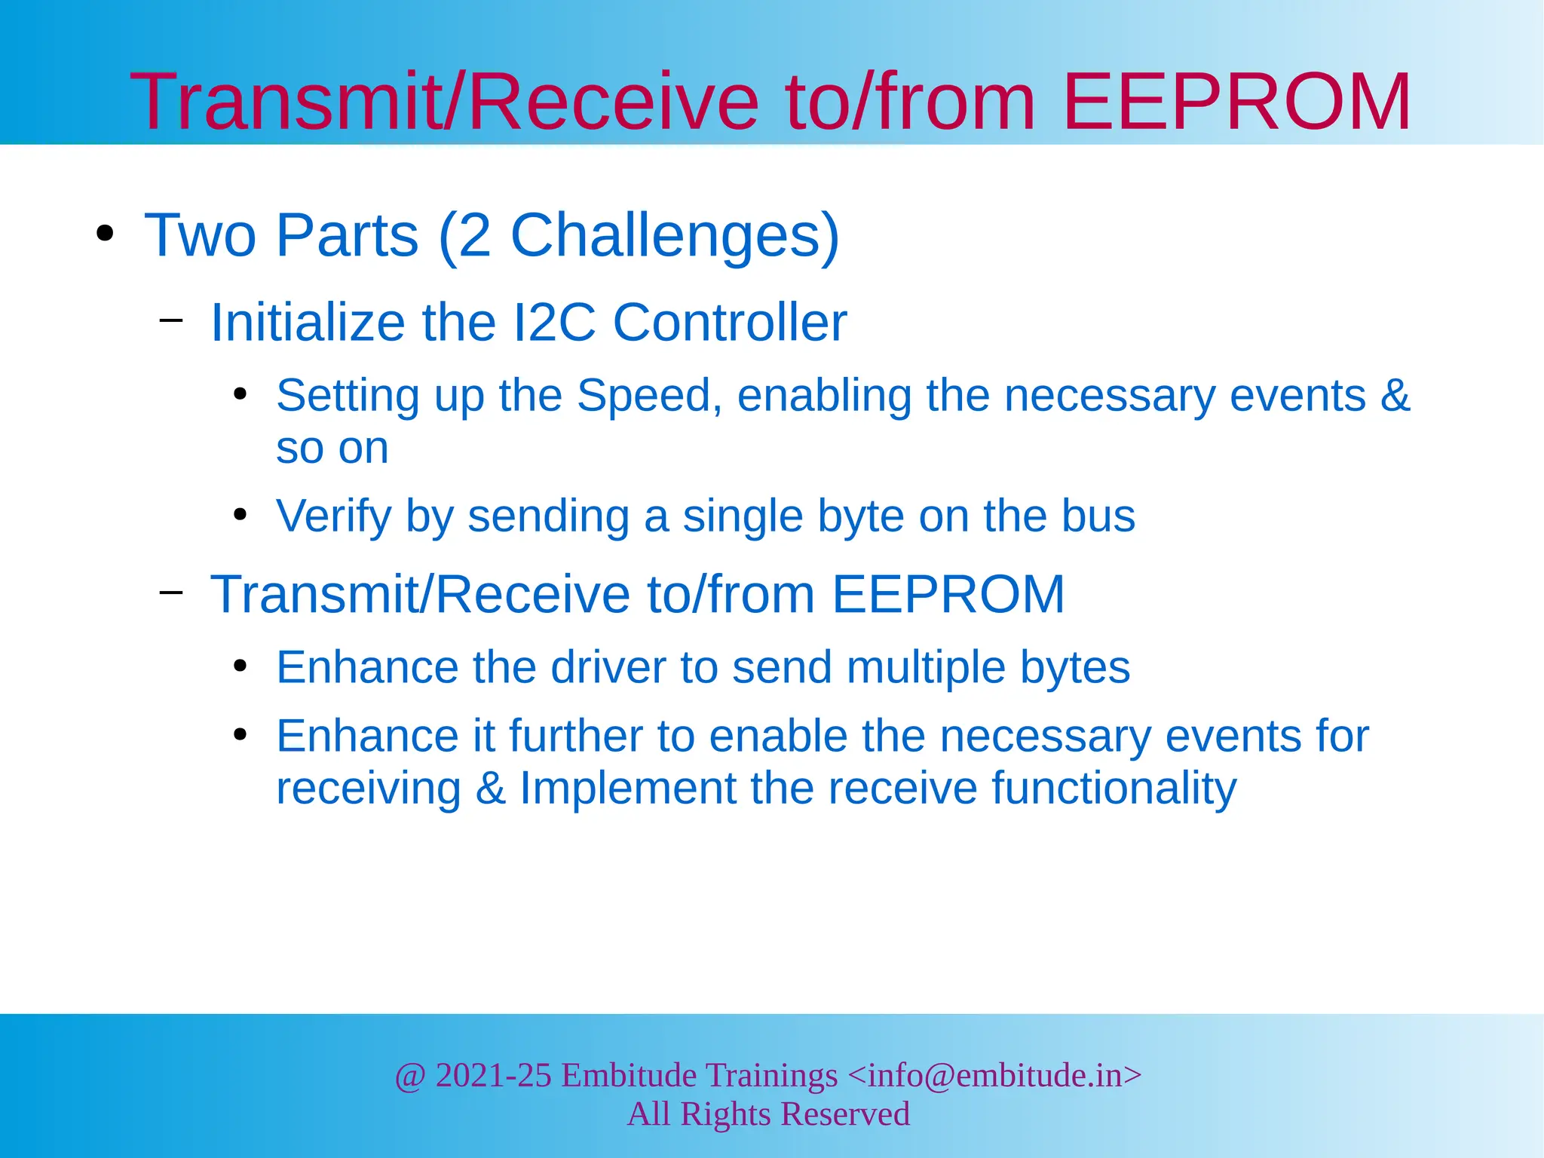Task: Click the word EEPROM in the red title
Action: pyautogui.click(x=1236, y=102)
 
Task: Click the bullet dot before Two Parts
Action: pyautogui.click(x=106, y=234)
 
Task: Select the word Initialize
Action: pyautogui.click(x=308, y=323)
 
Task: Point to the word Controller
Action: pyautogui.click(x=730, y=323)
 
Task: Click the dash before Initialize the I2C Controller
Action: pyautogui.click(x=171, y=320)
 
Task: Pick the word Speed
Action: pyautogui.click(x=644, y=395)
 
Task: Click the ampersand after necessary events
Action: pyautogui.click(x=1395, y=395)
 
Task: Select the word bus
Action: pyautogui.click(x=1098, y=516)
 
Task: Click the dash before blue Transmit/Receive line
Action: pyautogui.click(x=171, y=593)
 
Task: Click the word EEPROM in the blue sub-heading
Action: pyautogui.click(x=948, y=594)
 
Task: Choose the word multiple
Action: pyautogui.click(x=925, y=668)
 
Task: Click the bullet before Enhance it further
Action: pyautogui.click(x=240, y=734)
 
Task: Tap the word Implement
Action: pyautogui.click(x=627, y=789)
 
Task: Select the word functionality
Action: pyautogui.click(x=1114, y=789)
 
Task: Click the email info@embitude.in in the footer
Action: pyautogui.click(x=994, y=1075)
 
